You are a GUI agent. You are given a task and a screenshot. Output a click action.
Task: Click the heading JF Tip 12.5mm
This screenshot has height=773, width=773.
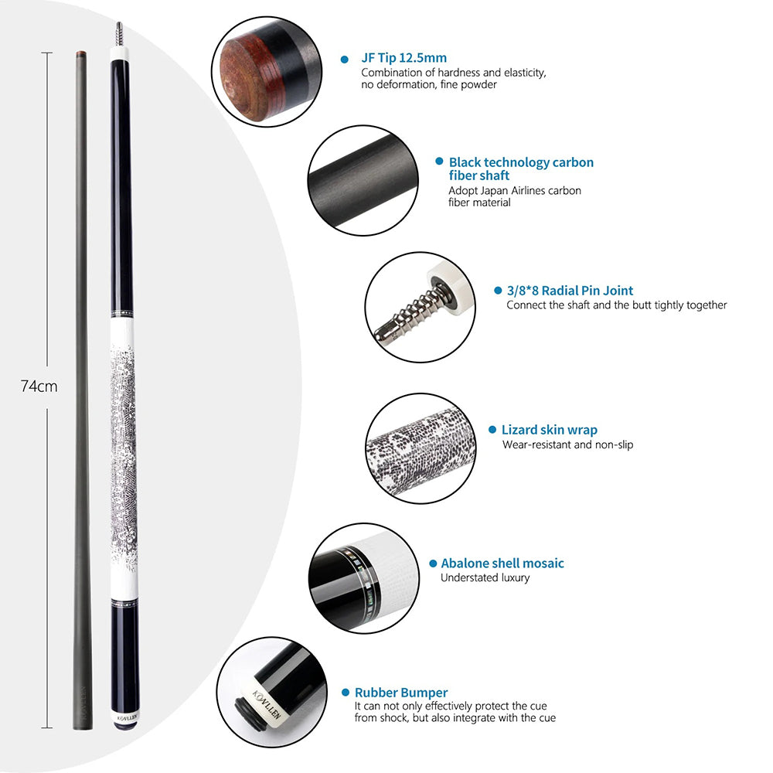click(404, 58)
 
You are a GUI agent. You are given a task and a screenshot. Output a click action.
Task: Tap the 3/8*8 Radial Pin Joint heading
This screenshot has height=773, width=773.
click(570, 291)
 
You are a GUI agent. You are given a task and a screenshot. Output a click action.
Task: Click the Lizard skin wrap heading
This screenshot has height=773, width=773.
click(549, 430)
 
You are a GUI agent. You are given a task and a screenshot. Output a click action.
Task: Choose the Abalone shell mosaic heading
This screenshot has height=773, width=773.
click(502, 564)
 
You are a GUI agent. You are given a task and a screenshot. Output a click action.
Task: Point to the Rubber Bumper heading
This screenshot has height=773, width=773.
click(400, 693)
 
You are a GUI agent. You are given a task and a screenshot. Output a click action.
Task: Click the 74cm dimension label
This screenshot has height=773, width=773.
click(39, 386)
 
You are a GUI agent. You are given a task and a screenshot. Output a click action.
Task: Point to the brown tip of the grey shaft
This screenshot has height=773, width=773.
click(79, 54)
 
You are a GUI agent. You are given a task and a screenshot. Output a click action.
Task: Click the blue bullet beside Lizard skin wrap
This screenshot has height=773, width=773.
click(492, 430)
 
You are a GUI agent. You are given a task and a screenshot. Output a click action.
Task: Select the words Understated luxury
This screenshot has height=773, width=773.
click(485, 577)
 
